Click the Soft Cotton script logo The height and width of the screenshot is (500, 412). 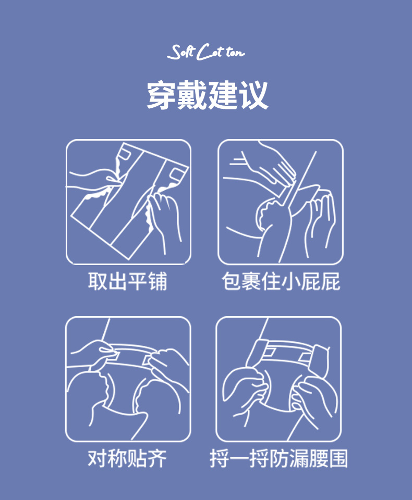206,52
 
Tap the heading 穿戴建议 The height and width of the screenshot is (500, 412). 207,95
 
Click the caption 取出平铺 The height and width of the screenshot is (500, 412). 127,281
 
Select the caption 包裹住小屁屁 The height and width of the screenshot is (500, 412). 281,281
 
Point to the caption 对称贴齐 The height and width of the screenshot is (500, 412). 127,458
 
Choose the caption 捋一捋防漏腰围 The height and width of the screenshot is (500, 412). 279,458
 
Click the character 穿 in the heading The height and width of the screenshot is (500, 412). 162,95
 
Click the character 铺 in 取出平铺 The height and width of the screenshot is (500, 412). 157,281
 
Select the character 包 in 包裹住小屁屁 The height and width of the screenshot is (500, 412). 231,281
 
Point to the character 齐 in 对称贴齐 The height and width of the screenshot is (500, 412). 157,458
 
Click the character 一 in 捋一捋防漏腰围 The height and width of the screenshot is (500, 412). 239,459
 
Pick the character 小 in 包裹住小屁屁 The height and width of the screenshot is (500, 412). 290,281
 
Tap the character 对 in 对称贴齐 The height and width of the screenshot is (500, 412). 98,458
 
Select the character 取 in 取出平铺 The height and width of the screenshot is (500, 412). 98,281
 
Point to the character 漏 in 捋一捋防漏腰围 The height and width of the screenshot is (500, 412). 299,458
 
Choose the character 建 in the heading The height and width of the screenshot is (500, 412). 223,95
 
